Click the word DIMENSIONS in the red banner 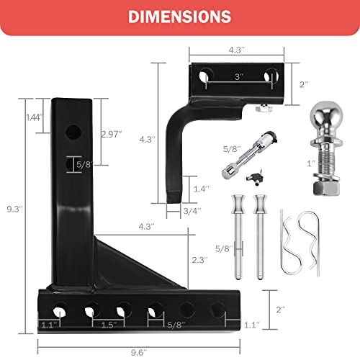[x=179, y=17]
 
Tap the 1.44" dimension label [x=33, y=117]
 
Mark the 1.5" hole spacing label [x=107, y=325]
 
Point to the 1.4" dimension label [x=202, y=189]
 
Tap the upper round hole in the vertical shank [x=73, y=132]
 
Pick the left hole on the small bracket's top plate [x=207, y=75]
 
